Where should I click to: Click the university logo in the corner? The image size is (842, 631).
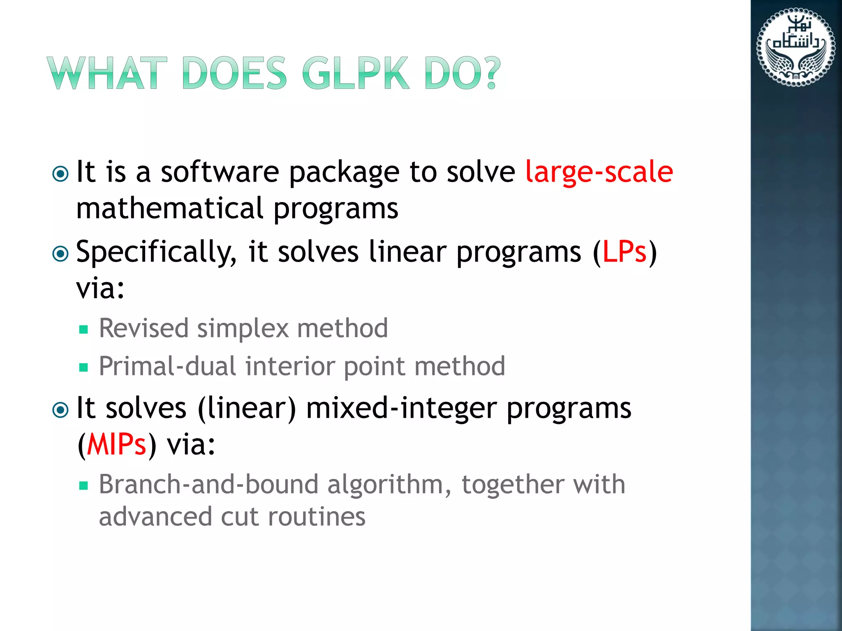point(796,47)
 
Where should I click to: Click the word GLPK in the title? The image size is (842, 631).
point(356,74)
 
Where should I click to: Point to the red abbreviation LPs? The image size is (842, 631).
point(624,251)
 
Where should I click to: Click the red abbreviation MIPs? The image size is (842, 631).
point(116,444)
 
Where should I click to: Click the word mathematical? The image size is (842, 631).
point(169,208)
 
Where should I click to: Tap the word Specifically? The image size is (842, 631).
point(156,252)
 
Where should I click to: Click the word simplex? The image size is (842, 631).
point(243,329)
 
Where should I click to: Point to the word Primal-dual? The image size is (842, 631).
point(167,366)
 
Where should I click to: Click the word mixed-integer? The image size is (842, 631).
point(401,409)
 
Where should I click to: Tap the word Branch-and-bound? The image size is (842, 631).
point(208,484)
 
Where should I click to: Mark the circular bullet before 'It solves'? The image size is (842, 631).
point(61,410)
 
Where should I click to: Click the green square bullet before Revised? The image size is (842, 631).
point(84,329)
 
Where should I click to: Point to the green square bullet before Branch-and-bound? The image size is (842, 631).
point(84,486)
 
